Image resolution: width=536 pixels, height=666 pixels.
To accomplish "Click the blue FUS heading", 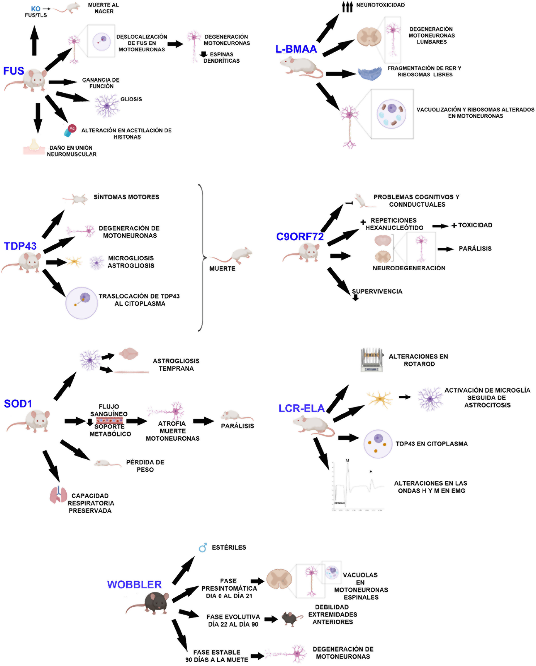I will (14, 71).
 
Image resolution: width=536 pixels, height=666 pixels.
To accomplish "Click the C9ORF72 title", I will (300, 236).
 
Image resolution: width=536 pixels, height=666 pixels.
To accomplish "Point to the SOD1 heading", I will (18, 403).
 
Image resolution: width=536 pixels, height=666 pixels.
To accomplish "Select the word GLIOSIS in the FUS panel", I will (131, 99).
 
